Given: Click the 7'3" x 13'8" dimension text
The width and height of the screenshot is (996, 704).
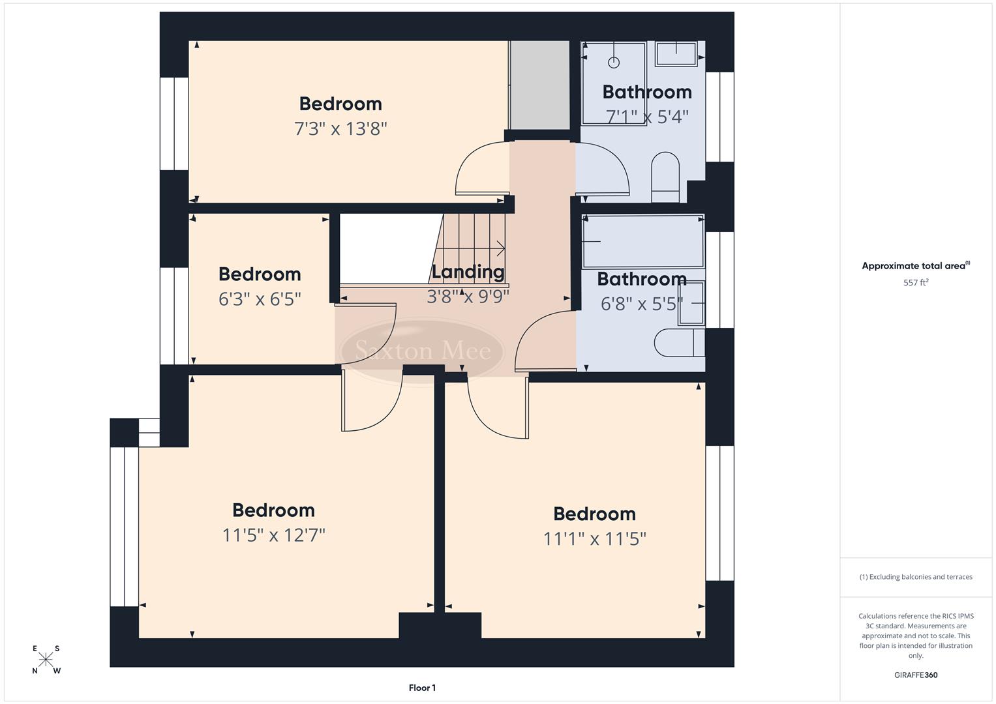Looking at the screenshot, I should (x=340, y=128).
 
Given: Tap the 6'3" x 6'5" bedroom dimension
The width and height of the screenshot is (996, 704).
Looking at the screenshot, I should (x=260, y=299).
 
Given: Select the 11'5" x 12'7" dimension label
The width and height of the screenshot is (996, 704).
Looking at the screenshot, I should (x=273, y=535).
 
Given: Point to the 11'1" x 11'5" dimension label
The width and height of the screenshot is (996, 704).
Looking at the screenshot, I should (x=594, y=539).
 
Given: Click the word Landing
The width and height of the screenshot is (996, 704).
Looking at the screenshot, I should (x=468, y=272).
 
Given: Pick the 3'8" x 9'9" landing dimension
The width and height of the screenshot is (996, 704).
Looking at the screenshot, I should (x=468, y=297).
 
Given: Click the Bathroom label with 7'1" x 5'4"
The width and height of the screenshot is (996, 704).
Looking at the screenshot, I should (x=646, y=93).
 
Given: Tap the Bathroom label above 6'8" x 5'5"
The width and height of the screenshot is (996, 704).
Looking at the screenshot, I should (x=641, y=279).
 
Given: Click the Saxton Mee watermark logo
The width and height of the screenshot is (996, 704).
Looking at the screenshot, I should (x=422, y=351).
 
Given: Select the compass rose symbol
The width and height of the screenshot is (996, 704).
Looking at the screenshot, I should (x=46, y=660).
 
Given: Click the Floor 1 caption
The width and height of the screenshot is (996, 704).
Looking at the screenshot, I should (x=422, y=688).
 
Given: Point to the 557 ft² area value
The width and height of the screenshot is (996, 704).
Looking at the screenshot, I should (x=915, y=283).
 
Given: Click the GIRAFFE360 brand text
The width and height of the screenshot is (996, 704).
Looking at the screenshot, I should (x=915, y=675).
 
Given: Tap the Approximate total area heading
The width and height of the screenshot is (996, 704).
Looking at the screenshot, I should (x=915, y=266).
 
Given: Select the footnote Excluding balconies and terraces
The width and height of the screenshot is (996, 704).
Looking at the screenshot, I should (x=915, y=577).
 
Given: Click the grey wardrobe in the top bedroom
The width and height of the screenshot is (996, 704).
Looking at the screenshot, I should (x=540, y=85).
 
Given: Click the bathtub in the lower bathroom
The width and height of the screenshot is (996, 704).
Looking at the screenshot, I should (x=643, y=241).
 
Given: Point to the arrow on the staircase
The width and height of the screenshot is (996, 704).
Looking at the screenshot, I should (x=500, y=248).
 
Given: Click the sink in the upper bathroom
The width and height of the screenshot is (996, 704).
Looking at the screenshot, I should (x=676, y=53).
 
